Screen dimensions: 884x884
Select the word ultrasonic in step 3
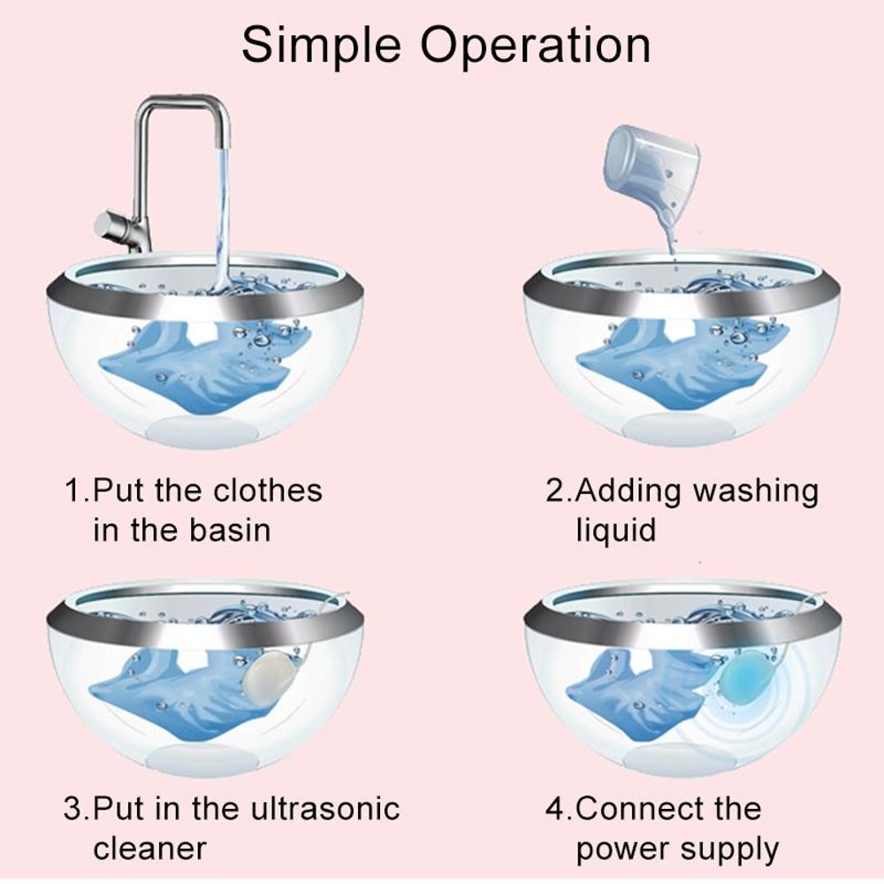tap(330, 808)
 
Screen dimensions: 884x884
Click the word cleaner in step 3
tap(149, 849)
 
